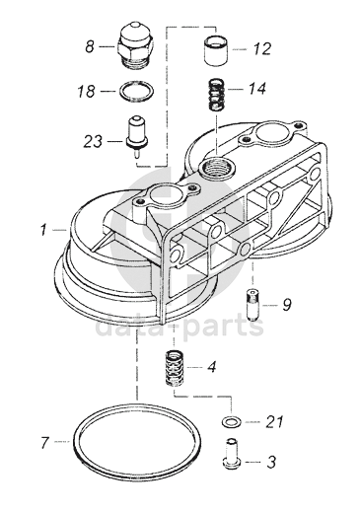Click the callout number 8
tap(90, 46)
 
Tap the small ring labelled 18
tap(135, 91)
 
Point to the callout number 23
tap(93, 141)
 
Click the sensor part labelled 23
tap(136, 136)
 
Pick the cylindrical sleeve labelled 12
tap(216, 51)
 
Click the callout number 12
tap(262, 49)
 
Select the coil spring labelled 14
tap(218, 96)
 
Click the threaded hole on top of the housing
tap(217, 167)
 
